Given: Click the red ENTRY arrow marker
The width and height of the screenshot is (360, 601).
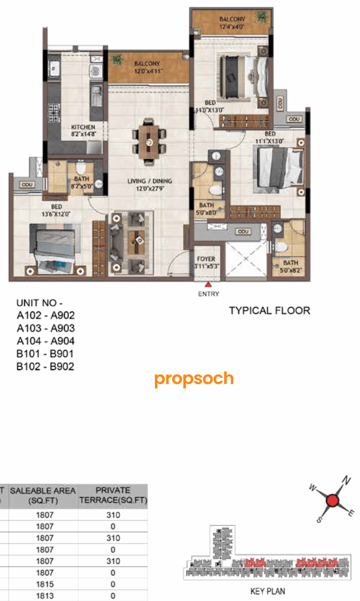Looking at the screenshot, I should [208, 285].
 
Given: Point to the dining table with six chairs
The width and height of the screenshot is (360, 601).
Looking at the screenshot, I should [149, 141].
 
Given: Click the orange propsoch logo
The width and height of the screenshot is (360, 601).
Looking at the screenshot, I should [194, 379].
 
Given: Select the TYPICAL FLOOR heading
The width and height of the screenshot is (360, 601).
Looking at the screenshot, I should [269, 310].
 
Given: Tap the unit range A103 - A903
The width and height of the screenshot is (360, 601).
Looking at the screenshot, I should [46, 328].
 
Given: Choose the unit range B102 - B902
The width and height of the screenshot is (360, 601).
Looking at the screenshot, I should [46, 367].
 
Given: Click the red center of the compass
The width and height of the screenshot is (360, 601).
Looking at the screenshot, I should [332, 500].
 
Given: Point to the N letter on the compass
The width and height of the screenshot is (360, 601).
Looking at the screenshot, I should [347, 481].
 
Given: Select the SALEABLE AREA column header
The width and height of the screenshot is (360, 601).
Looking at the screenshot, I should [43, 495].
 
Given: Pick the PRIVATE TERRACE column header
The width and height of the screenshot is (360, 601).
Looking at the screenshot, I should [112, 495].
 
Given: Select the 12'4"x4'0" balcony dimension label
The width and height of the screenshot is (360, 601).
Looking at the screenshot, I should [231, 26].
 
